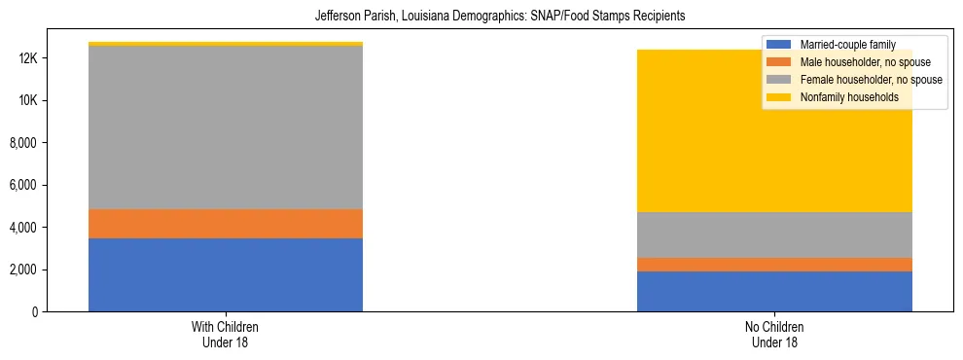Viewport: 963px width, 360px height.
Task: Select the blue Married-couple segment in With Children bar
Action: (x=226, y=274)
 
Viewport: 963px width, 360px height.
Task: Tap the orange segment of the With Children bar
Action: (x=226, y=224)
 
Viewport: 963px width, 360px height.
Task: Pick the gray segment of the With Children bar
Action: (x=226, y=127)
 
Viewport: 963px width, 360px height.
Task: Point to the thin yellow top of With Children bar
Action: (x=226, y=44)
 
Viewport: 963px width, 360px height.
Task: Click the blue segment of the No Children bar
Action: (x=774, y=291)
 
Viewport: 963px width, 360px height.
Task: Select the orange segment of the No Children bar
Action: (x=774, y=265)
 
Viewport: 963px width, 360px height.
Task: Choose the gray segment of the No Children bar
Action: (x=774, y=234)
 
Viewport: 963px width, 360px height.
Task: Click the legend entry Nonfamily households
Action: (x=842, y=97)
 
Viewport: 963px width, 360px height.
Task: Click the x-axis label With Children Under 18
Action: (x=226, y=334)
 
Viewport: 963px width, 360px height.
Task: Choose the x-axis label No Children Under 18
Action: (x=774, y=334)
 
